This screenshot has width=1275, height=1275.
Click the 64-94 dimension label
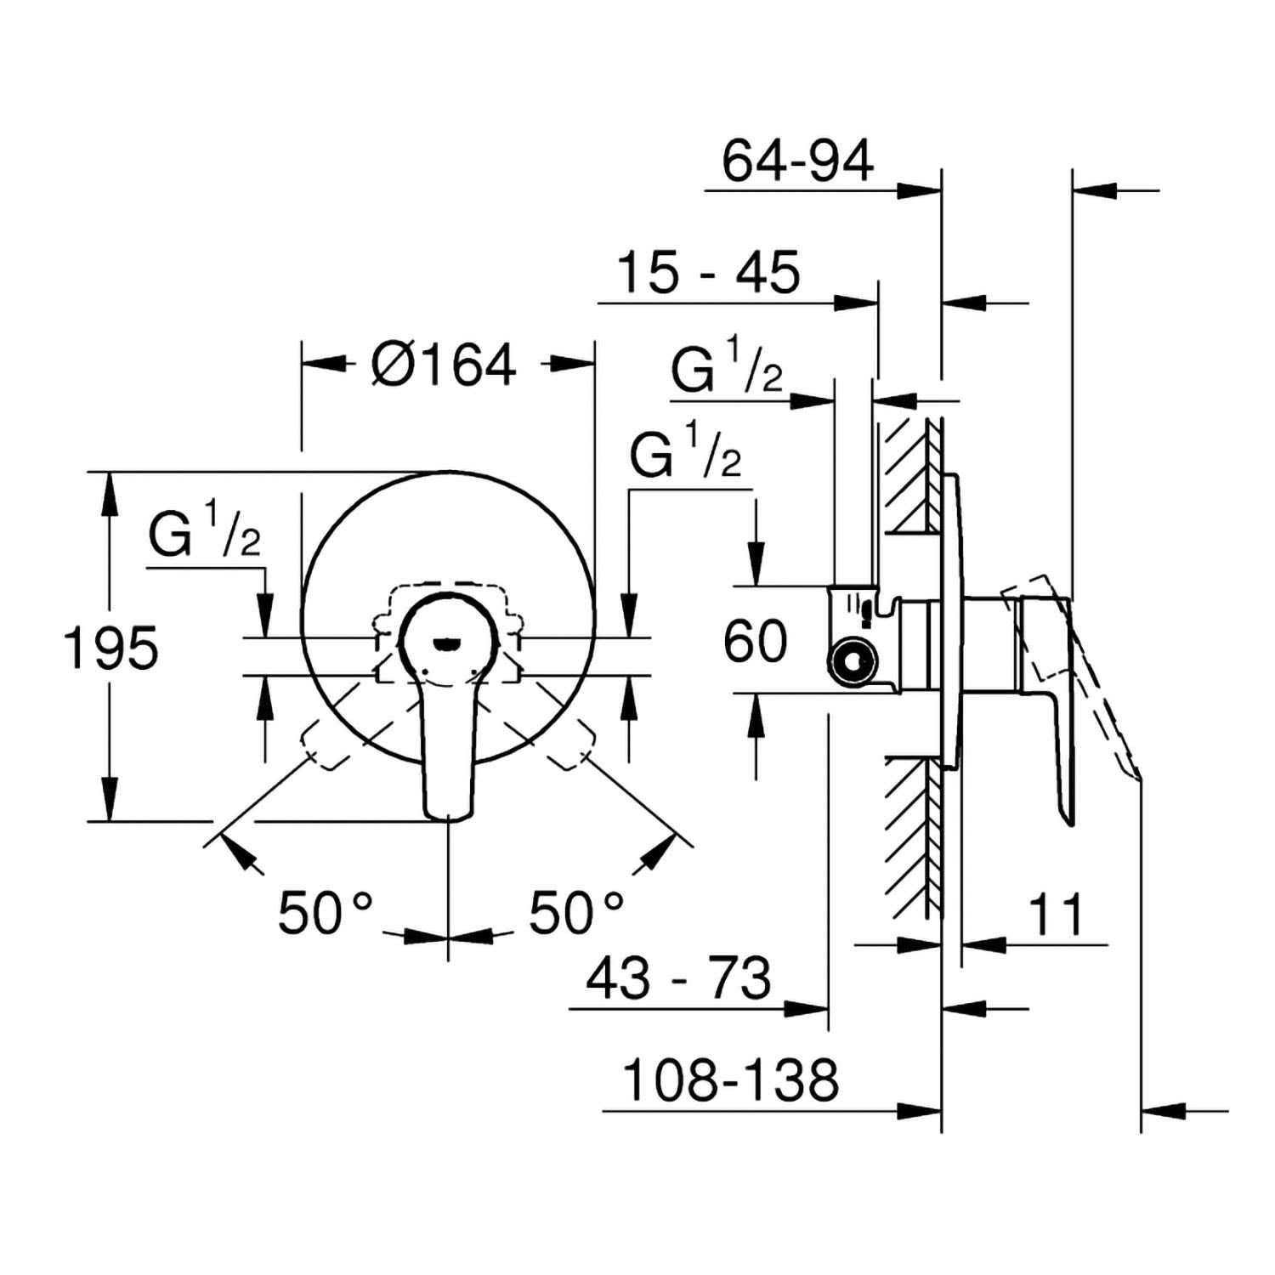(x=797, y=161)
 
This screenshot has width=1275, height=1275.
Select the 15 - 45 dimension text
(x=708, y=272)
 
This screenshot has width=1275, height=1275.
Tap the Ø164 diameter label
(x=444, y=365)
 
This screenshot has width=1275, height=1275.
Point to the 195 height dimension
(x=111, y=649)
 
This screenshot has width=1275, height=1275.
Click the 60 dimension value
(x=756, y=642)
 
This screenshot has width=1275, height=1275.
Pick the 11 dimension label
(x=1056, y=915)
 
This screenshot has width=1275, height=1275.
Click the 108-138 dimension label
(x=731, y=1079)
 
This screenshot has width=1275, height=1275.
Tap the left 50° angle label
(x=326, y=913)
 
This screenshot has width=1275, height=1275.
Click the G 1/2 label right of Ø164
(x=685, y=450)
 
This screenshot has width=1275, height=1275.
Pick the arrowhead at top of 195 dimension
(x=110, y=493)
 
